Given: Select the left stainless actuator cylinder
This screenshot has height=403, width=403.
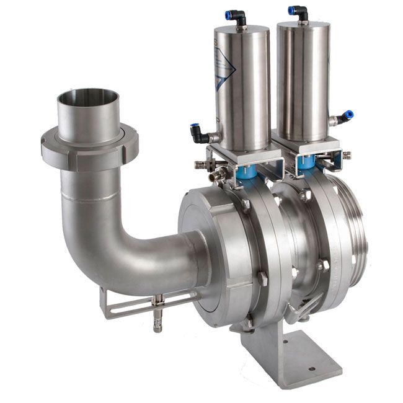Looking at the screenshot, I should [x=241, y=81].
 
